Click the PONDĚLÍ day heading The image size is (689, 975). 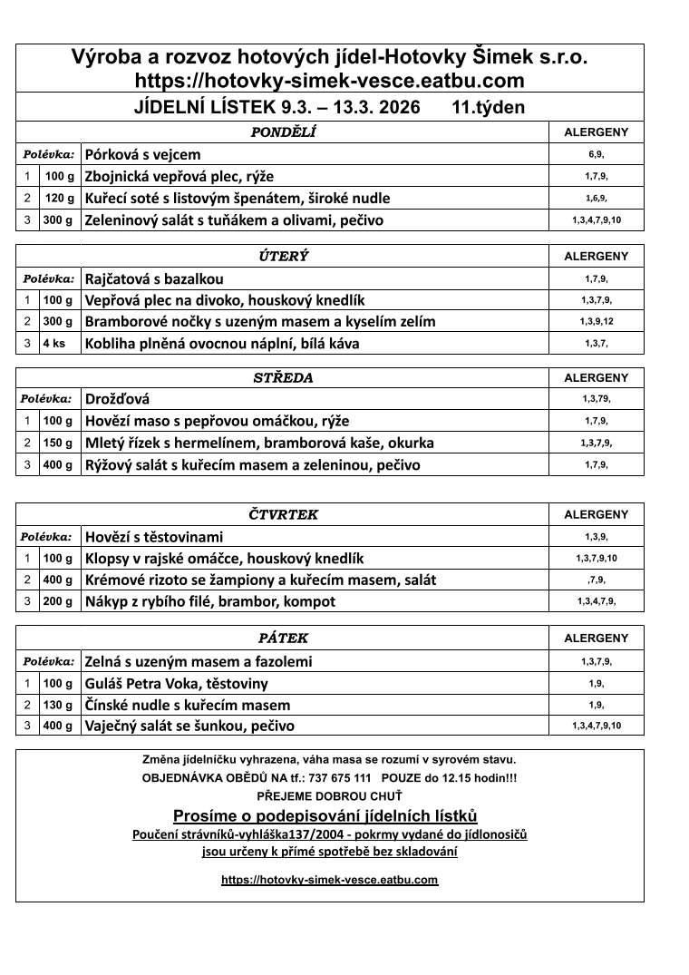click(x=283, y=132)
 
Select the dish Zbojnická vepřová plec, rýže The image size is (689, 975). click(x=179, y=176)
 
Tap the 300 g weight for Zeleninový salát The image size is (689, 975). click(x=59, y=220)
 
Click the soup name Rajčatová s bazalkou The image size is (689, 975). click(x=154, y=278)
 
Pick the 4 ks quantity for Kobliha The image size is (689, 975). click(x=53, y=344)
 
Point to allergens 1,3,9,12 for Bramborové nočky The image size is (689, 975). click(x=596, y=322)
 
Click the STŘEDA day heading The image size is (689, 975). click(x=283, y=378)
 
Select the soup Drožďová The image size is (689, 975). click(x=117, y=399)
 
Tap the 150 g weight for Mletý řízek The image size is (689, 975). click(x=59, y=444)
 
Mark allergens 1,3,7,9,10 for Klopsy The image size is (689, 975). click(x=596, y=558)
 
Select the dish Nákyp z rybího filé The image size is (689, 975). click(x=209, y=601)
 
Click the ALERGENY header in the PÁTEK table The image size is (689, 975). click(x=596, y=639)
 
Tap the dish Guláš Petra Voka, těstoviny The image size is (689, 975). click(x=176, y=683)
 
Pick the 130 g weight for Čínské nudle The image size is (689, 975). click(x=59, y=705)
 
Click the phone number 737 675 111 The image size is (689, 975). click(x=339, y=778)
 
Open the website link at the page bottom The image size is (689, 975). click(x=330, y=880)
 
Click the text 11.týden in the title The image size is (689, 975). click(x=488, y=107)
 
